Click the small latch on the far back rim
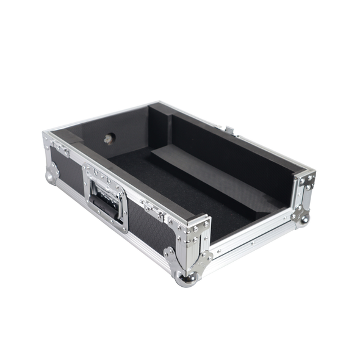point(229,129)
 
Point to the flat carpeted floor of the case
point(183,195)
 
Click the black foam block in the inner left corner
point(76,138)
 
